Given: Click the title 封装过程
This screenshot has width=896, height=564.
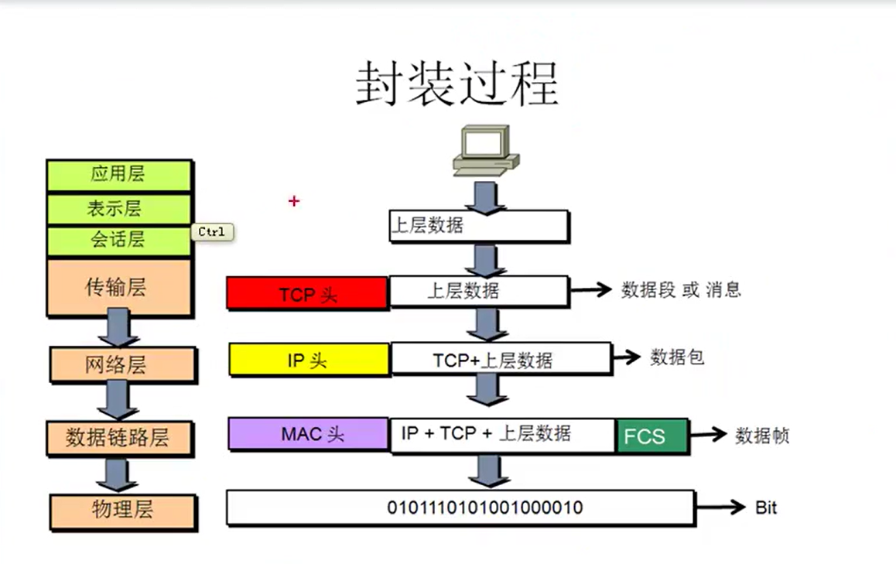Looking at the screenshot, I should point(457,84).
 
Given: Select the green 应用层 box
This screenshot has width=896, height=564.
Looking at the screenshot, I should point(118,174).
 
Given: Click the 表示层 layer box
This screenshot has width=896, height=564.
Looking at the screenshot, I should point(118,208).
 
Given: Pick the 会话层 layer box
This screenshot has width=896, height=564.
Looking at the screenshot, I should point(118,240).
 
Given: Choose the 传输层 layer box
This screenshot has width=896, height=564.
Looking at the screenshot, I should point(118,288).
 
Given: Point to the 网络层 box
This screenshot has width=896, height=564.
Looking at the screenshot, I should point(122,364).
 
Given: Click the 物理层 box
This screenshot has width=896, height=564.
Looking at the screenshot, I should point(122,510).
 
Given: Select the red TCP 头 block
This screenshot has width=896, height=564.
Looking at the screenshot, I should point(307,293).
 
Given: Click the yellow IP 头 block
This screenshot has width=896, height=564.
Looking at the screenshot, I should point(309,360).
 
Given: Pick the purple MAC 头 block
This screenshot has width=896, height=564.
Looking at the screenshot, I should point(309,433).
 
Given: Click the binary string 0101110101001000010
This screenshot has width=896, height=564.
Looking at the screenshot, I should point(484,508).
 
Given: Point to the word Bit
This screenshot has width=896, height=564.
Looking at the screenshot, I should point(765,508).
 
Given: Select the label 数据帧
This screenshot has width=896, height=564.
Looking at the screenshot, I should point(761,436).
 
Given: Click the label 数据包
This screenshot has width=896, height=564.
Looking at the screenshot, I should point(677,357).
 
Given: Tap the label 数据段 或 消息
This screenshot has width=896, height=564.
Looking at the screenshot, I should point(681,290).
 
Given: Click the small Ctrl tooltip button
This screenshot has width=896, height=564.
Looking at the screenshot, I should point(211,232).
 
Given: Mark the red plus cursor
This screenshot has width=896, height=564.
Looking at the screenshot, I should point(293,201).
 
